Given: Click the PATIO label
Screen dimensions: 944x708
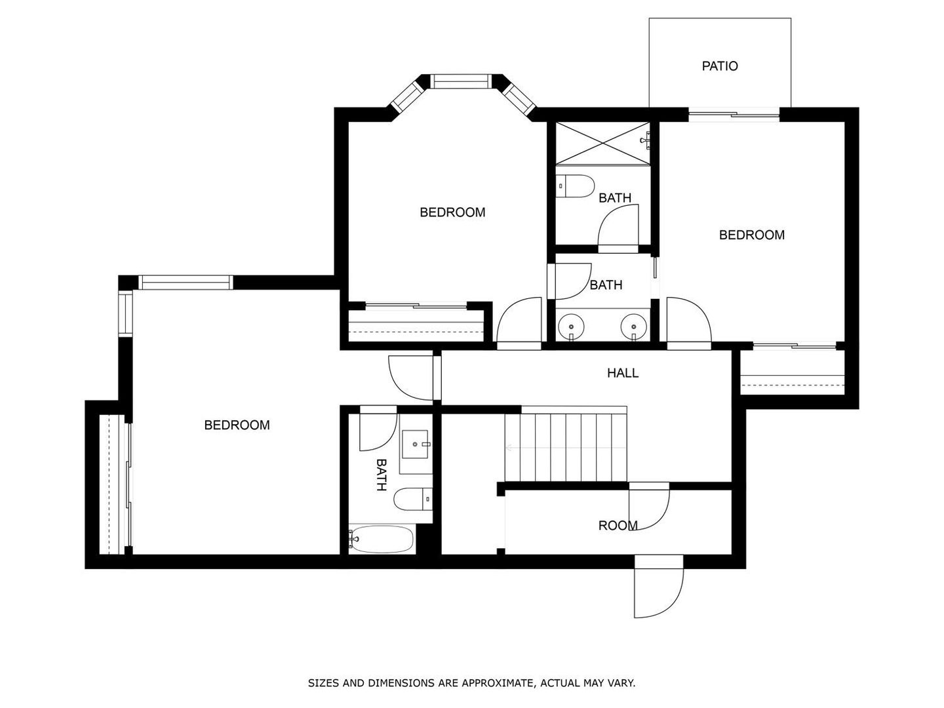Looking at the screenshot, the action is (x=720, y=66).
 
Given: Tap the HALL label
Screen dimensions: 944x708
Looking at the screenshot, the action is (x=622, y=373).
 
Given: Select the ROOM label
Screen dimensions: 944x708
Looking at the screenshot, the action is (x=618, y=525).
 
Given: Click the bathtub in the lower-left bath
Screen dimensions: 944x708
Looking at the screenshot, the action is (x=381, y=539).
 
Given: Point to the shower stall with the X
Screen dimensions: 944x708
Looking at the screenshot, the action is (x=602, y=143).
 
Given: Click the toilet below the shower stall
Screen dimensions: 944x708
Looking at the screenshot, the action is (x=574, y=186).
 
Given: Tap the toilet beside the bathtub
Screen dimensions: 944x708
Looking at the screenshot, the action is (x=413, y=500).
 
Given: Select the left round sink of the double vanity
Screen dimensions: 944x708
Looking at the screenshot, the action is (x=571, y=326).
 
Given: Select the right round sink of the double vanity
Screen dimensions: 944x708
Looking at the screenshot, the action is (x=634, y=326).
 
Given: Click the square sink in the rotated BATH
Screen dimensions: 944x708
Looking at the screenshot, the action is (x=415, y=444).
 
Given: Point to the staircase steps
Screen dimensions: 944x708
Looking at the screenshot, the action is (x=566, y=448).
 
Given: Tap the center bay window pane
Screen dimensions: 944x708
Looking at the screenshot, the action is (x=460, y=81).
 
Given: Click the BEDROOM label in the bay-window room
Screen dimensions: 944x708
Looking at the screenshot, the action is (x=452, y=212).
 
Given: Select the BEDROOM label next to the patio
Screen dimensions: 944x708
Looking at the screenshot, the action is (x=752, y=235).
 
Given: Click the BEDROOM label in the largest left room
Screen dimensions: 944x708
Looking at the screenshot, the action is (x=237, y=425).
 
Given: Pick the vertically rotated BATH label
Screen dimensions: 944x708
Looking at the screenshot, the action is (x=382, y=475).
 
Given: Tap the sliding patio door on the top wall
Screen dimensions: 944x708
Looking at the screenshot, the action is (x=734, y=114).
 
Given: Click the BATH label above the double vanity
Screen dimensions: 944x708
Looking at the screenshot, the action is (x=606, y=285).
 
